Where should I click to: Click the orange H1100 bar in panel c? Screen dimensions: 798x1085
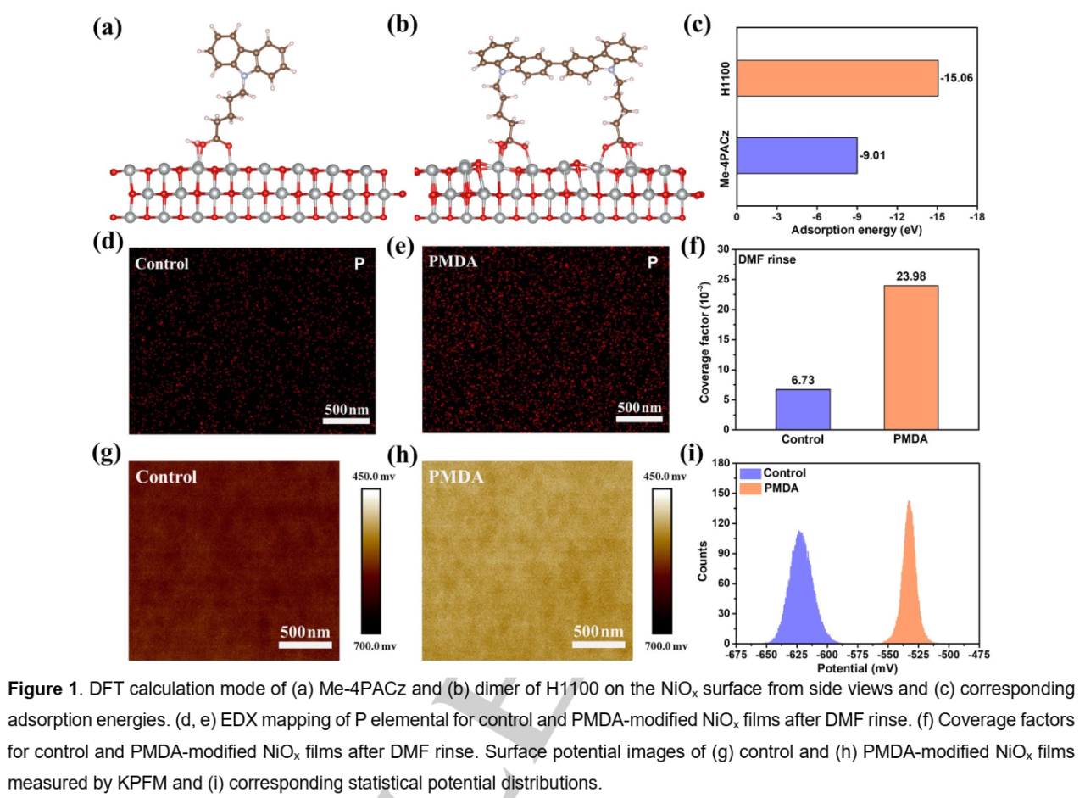(x=837, y=78)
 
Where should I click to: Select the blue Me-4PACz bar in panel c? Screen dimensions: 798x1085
(x=796, y=155)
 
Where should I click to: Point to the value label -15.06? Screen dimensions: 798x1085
(x=957, y=79)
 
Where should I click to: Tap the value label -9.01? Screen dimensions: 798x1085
(x=873, y=155)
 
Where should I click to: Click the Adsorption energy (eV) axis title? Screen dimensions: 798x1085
(x=855, y=230)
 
